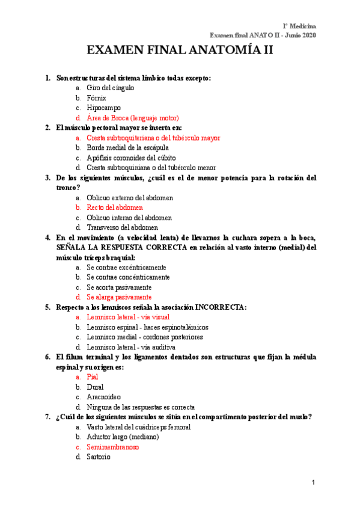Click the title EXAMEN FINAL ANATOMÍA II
coord(180,51)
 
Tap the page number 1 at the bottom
coord(313,483)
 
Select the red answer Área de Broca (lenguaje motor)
coord(132,118)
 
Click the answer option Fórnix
coord(96,97)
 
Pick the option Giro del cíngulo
coord(110,88)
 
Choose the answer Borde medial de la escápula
coord(127,147)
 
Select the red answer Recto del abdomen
coord(115,207)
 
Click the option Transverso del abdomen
coord(122,227)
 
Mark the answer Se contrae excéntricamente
coord(126,267)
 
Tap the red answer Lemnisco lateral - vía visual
coord(127,317)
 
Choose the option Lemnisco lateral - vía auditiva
coord(130,347)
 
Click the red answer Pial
coord(92,377)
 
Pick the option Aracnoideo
coord(103,397)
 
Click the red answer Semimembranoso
coord(112,447)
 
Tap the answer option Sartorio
coord(98,457)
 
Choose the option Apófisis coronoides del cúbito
coord(134,158)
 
